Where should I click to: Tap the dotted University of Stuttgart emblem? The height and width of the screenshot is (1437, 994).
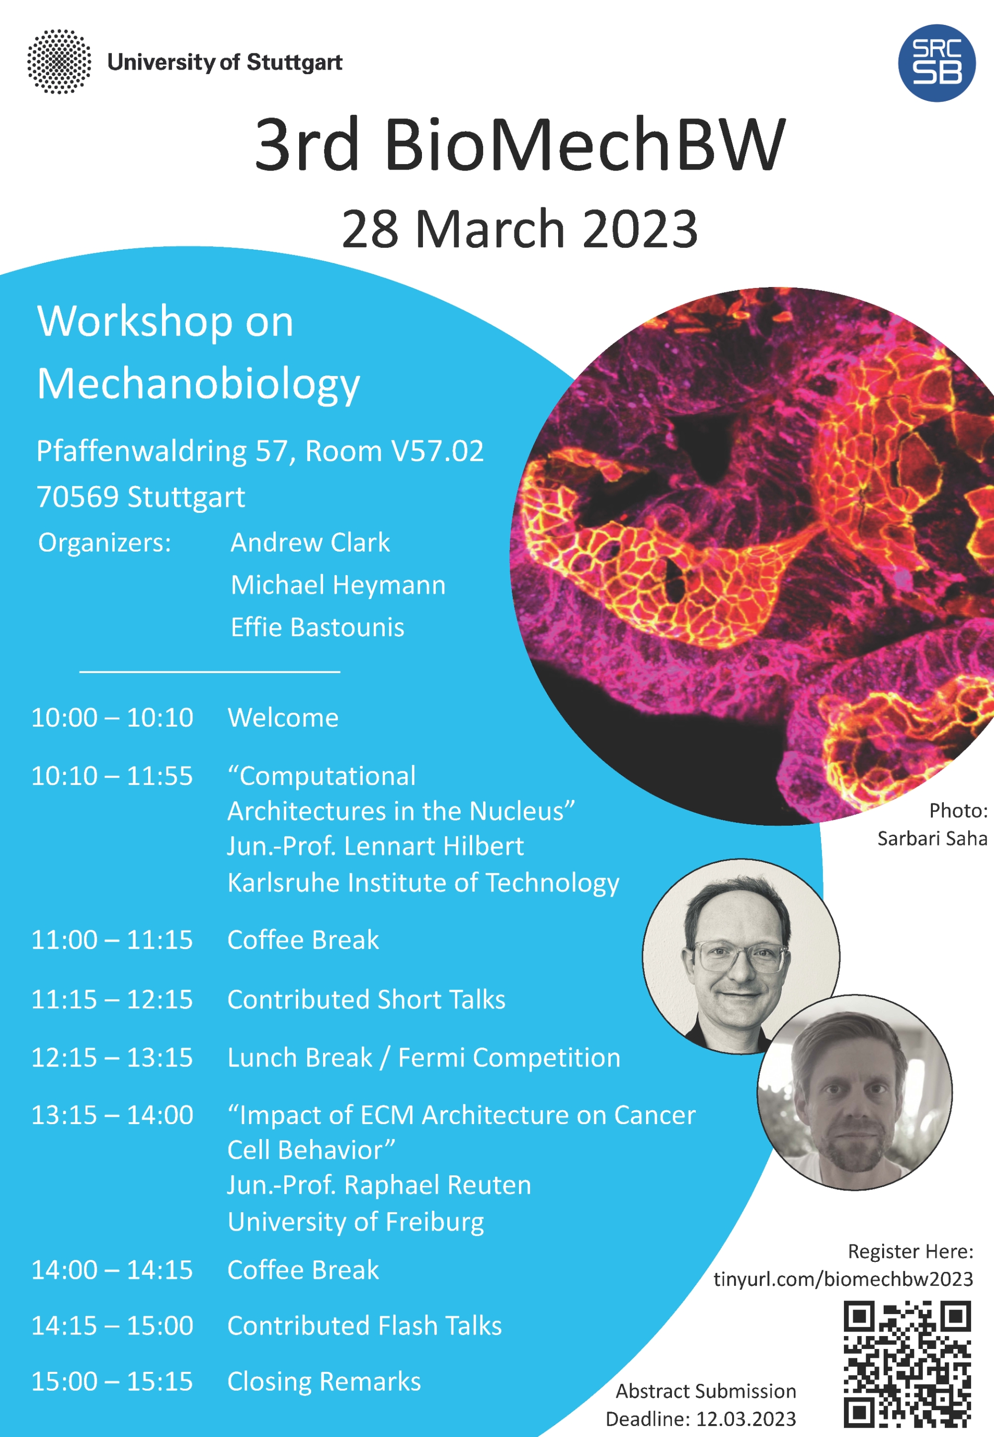coord(59,62)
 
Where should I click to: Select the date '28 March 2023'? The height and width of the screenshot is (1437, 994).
coord(519,229)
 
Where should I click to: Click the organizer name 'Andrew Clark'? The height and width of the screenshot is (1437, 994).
coord(310,542)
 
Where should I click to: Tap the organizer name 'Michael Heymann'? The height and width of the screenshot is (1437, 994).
coord(338,585)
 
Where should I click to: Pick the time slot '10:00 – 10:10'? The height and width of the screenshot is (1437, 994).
coord(112,718)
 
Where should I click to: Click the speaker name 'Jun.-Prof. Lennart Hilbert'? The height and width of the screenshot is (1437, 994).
coord(376,846)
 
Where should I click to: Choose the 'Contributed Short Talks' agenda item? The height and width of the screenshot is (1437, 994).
coord(366,1000)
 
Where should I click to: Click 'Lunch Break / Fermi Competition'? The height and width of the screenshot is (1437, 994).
coord(424,1057)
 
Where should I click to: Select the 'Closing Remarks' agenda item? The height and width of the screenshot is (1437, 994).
coord(324,1381)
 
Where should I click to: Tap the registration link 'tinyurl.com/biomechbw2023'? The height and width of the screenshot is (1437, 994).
coord(843,1279)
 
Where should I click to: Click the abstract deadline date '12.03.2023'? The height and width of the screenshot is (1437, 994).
coord(745,1419)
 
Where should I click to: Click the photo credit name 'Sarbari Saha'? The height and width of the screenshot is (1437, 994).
coord(932,838)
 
